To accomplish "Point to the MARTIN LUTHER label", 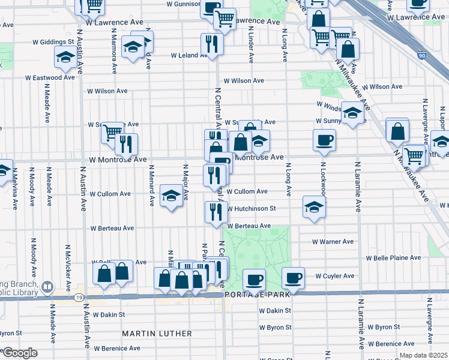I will coord(157,333).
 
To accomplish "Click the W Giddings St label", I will coord(54,42).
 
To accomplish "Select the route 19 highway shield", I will coord(78,297).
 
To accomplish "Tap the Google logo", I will coord(20,353).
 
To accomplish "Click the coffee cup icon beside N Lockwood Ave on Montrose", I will coord(324,140).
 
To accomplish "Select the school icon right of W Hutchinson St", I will coord(313,207).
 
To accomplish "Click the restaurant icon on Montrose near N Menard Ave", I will coord(127,144).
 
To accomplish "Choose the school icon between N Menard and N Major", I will coord(171,196).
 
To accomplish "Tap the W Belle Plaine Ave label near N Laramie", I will coord(389,258).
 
